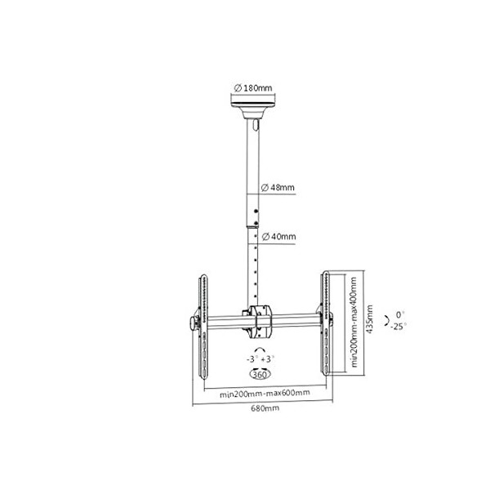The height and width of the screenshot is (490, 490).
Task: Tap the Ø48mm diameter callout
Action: click(277, 188)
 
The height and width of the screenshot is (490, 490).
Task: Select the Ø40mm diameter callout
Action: click(277, 237)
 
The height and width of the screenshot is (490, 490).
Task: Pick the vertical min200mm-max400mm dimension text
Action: click(354, 323)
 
